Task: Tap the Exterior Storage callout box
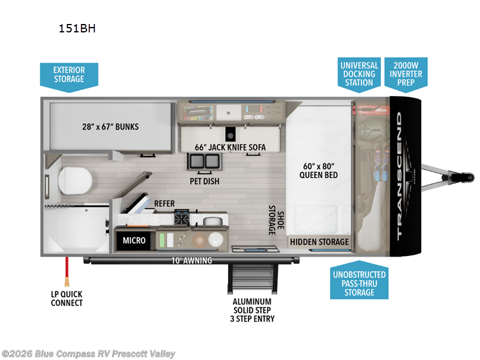[69, 74]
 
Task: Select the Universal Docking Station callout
[359, 74]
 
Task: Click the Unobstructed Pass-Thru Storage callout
[359, 283]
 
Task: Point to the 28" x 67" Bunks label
[110, 127]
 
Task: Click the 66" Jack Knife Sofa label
[230, 147]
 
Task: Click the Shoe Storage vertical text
[275, 220]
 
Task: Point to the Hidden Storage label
[320, 242]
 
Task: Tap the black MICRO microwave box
[134, 241]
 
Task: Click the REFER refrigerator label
[164, 204]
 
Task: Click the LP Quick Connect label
[67, 298]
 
